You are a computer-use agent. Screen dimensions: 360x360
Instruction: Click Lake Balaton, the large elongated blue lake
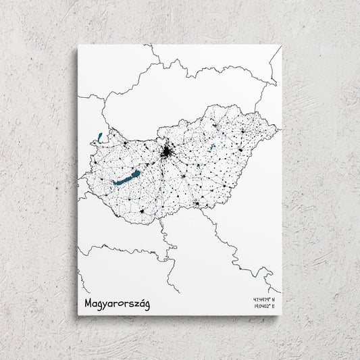pos(126,178)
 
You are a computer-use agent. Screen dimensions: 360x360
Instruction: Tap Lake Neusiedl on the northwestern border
pos(100,137)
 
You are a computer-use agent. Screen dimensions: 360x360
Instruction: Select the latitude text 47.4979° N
pos(266,299)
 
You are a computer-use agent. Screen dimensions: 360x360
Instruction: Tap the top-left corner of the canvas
pos(78,45)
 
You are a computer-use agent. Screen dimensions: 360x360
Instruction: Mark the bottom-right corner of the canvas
pos(280,315)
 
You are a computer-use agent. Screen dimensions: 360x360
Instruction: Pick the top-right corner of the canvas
pos(281,45)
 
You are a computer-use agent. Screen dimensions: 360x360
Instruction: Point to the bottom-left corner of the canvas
pos(77,315)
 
